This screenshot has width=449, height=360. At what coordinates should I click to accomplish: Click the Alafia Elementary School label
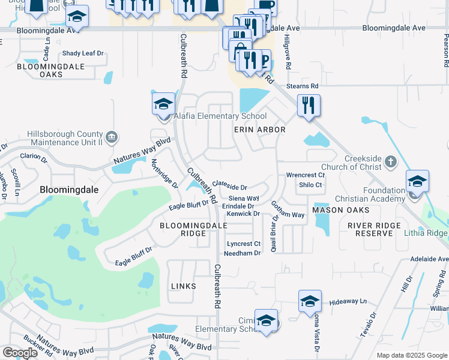pyautogui.click(x=220, y=116)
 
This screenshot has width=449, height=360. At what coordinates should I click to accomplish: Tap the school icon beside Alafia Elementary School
pyautogui.click(x=163, y=105)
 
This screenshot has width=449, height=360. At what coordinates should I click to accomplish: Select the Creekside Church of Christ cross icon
pyautogui.click(x=390, y=161)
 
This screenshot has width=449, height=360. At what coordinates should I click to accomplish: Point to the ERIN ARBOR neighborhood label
pyautogui.click(x=259, y=130)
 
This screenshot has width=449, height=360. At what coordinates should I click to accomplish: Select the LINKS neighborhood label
pyautogui.click(x=183, y=286)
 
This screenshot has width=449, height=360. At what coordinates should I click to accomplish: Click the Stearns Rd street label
pyautogui.click(x=302, y=86)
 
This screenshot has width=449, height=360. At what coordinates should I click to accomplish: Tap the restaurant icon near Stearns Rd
pyautogui.click(x=309, y=106)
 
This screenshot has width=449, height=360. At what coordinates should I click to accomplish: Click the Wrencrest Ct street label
pyautogui.click(x=305, y=175)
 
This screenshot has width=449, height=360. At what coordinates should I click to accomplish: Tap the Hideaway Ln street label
pyautogui.click(x=348, y=301)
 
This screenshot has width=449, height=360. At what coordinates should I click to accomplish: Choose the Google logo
pyautogui.click(x=20, y=353)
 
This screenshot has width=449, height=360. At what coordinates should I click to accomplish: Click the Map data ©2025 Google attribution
pyautogui.click(x=411, y=355)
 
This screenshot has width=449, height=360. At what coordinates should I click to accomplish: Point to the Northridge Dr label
pyautogui.click(x=164, y=173)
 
